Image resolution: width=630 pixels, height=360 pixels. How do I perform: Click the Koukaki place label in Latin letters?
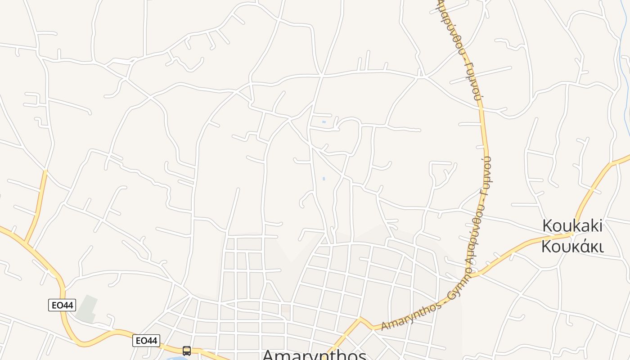click(572, 225)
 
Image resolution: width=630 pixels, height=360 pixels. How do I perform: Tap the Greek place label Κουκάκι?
click(572, 247)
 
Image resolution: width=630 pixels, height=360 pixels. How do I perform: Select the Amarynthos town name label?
click(314, 355)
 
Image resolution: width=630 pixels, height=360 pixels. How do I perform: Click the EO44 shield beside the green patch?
click(62, 305)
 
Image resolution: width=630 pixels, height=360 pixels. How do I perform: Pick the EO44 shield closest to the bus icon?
click(146, 341)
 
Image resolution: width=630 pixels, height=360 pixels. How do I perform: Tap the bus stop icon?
click(186, 351)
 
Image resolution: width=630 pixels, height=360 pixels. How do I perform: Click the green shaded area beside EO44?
click(87, 310)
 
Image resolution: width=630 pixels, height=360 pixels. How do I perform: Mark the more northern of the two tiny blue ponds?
click(324, 122)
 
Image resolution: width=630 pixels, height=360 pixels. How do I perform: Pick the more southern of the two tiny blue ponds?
click(324, 179)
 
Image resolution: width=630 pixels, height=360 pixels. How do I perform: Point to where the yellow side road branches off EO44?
click(28, 243)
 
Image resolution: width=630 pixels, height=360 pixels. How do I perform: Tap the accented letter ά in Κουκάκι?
click(582, 247)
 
